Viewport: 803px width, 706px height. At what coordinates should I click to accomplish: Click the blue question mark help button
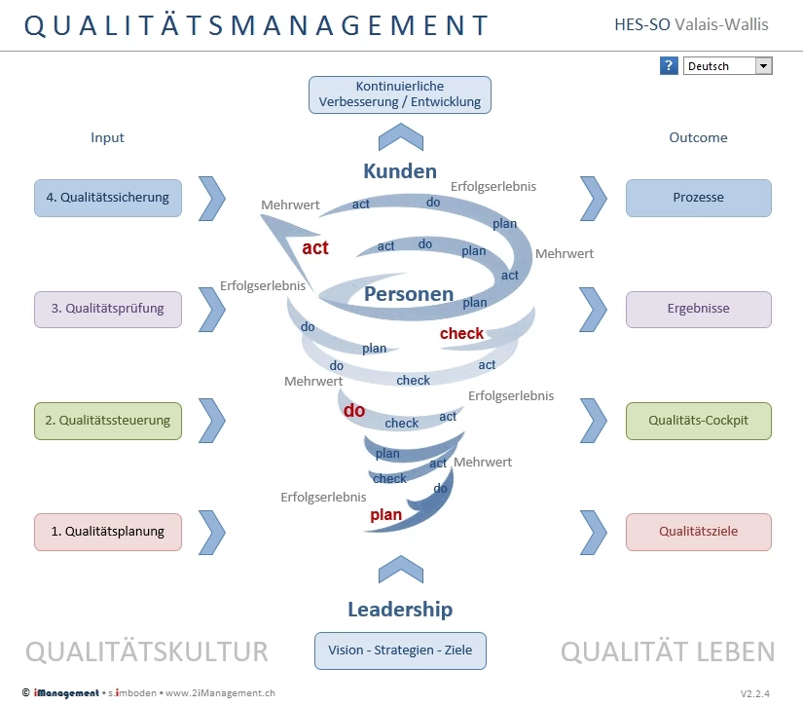pos(669,65)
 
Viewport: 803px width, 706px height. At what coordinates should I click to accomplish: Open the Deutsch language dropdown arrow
pos(763,65)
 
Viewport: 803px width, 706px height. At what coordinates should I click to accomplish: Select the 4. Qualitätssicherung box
pos(108,198)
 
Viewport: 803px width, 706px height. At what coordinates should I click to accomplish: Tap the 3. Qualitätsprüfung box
pos(108,310)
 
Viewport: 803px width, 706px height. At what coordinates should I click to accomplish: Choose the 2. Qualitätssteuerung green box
pos(108,421)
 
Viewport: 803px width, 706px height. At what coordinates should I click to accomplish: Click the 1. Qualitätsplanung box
pos(108,532)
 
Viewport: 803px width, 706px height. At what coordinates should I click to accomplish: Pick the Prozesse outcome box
pos(699,198)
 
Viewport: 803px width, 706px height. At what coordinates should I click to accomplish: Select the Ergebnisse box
pos(699,310)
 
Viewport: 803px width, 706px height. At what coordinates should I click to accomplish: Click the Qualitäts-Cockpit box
pos(699,421)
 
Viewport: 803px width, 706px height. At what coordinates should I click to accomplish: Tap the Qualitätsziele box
pos(699,532)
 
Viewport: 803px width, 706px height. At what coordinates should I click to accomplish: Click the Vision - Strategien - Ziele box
pos(400,650)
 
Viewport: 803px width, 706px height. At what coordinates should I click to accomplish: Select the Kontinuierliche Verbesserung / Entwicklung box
pos(400,94)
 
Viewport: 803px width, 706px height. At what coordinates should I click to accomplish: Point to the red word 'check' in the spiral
pos(461,334)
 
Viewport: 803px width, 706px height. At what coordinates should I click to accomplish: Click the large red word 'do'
pos(354,410)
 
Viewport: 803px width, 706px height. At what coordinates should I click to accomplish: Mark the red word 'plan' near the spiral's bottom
pos(385,515)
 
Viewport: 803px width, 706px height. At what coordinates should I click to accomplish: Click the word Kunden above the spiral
pos(400,171)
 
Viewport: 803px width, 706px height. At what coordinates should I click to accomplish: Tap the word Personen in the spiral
pos(409,294)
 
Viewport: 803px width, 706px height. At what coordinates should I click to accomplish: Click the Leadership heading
pos(400,610)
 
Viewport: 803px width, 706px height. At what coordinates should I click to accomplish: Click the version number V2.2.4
pos(755,693)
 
